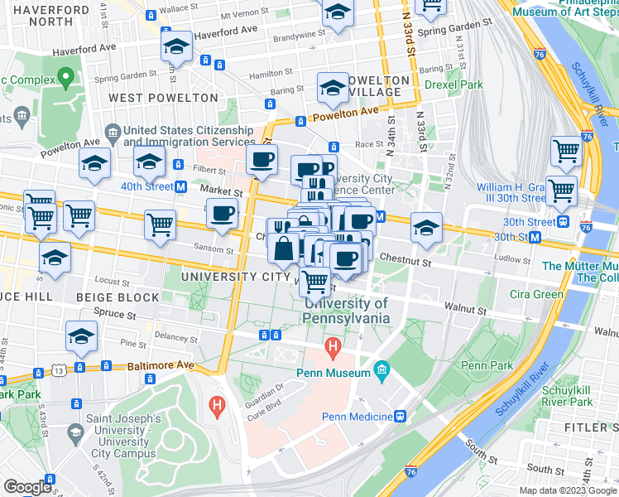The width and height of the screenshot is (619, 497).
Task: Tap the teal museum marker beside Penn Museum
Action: pos(381,369)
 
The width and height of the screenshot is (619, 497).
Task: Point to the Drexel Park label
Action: pos(453,84)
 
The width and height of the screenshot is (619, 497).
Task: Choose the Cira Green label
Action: pos(536,294)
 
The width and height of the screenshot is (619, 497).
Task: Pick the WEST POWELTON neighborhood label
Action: pos(163,98)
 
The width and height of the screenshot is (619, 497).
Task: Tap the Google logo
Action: pos(26,486)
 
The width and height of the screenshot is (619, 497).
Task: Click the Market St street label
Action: pos(222,191)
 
